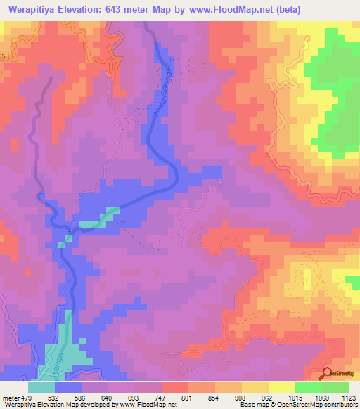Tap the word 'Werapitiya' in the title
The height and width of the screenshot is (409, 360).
36,11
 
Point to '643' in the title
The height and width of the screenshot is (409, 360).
126,11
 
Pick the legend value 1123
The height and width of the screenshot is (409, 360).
348,398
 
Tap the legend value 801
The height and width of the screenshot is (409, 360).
187,398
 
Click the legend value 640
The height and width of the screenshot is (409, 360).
106,398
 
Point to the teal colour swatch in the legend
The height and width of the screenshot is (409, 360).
41,387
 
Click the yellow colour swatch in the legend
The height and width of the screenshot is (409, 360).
282,387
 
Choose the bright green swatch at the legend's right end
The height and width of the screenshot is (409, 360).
335,387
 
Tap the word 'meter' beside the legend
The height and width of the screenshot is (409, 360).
10,398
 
